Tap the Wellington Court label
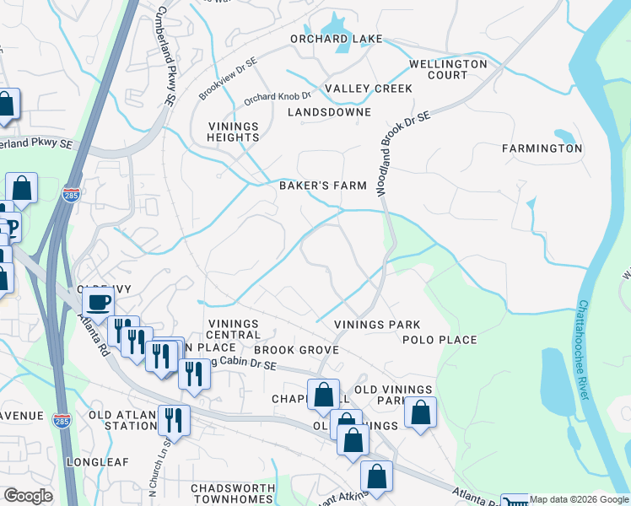[448, 69]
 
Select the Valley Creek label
[369, 89]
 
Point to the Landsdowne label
[329, 112]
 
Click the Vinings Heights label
[234, 132]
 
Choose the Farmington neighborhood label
[542, 148]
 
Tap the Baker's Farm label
[323, 186]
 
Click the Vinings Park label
[377, 325]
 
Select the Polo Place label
[440, 340]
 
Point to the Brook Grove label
[296, 350]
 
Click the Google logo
[28, 496]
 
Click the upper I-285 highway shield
[72, 195]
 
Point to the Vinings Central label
[233, 330]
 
